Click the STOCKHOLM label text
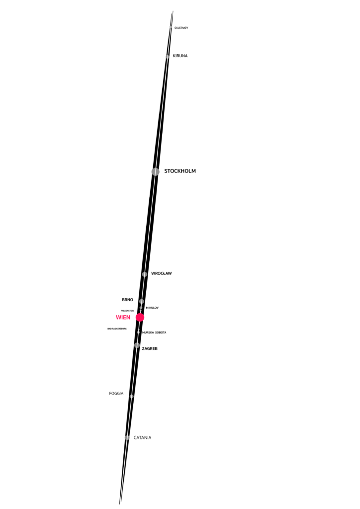(180, 171)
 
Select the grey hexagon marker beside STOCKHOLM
(156, 171)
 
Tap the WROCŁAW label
(161, 273)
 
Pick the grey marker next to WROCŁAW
(145, 274)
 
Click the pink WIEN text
(123, 317)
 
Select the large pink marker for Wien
(140, 317)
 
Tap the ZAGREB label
(150, 348)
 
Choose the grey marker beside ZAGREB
(137, 345)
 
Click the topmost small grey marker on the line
(171, 27)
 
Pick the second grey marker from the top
(168, 57)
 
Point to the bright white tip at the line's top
(173, 8)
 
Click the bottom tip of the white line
(121, 494)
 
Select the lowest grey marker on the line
(127, 437)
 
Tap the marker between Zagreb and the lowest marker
(131, 396)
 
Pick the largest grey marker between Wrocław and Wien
(142, 301)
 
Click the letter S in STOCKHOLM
(166, 171)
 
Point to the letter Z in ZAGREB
(143, 348)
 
